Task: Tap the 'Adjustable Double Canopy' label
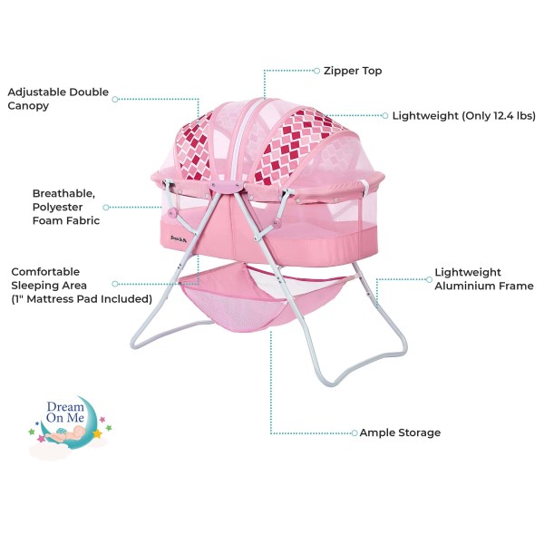tap(58, 99)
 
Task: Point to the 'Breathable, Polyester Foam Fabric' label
tap(66, 207)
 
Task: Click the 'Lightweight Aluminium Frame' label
tap(483, 278)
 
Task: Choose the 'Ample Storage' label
tap(400, 433)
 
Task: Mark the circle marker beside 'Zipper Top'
tap(316, 70)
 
